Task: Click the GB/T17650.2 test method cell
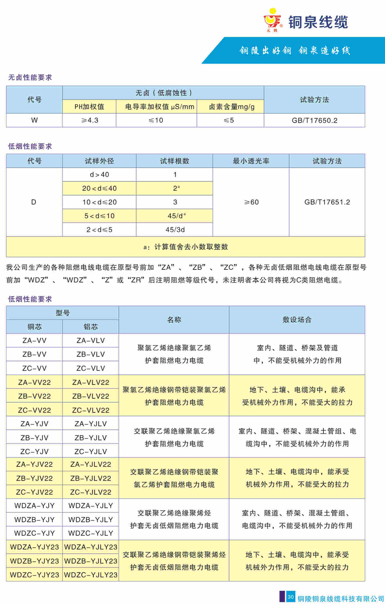click(314, 120)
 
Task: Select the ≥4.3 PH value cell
click(89, 120)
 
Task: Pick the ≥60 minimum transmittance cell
click(251, 202)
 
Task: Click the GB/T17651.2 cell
click(327, 202)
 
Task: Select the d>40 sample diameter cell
click(99, 175)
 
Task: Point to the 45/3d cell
click(175, 230)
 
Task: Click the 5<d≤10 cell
click(99, 216)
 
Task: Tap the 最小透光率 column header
click(251, 161)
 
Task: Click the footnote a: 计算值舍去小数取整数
click(186, 247)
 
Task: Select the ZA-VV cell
click(34, 340)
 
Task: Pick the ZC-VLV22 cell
click(91, 410)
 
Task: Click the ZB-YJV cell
click(34, 438)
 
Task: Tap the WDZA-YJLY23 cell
click(91, 547)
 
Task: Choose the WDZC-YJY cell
click(34, 533)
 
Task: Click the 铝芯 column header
click(91, 327)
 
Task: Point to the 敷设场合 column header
click(297, 320)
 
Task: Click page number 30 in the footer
click(291, 597)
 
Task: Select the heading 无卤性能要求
click(30, 77)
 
